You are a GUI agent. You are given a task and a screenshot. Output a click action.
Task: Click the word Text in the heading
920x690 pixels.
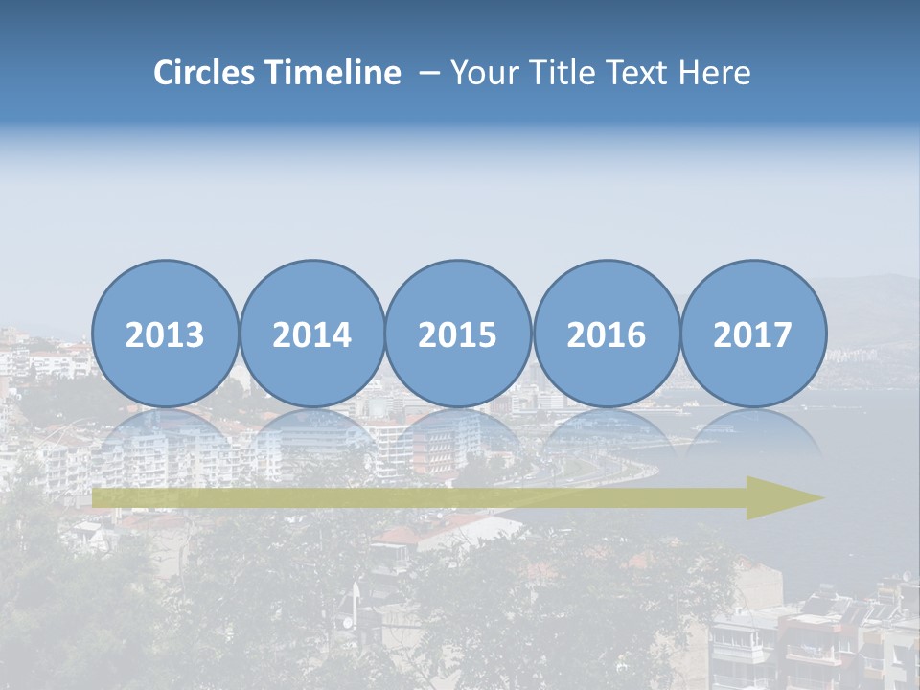point(634,73)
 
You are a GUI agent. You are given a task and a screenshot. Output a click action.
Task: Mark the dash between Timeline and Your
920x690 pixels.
point(429,73)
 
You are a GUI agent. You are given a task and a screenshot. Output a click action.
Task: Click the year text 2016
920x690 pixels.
point(607,334)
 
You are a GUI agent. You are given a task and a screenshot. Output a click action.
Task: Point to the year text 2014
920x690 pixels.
point(312,334)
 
